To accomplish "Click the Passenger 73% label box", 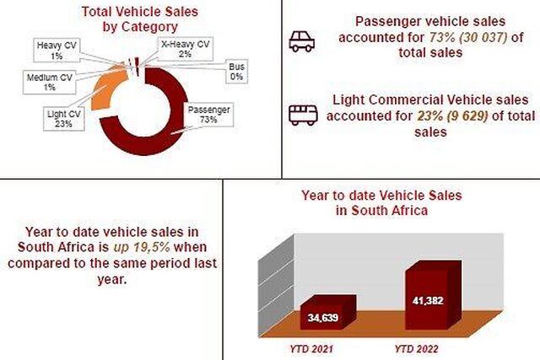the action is tap(208, 115).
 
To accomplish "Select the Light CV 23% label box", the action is tap(64, 119).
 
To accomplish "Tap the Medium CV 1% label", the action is tap(49, 83).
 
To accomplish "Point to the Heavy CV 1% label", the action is tap(57, 51).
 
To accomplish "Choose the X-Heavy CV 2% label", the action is tap(186, 49).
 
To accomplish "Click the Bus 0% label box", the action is tap(236, 72).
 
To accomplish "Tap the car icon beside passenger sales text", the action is tap(302, 41).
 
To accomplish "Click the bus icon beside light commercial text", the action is tap(303, 116).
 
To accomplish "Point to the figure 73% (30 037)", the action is tap(467, 37).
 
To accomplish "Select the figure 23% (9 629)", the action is tap(452, 116).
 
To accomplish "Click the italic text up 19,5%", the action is tap(141, 247).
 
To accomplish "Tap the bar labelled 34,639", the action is tap(328, 313).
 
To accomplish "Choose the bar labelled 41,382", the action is tap(433, 295).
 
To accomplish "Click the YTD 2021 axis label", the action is tap(311, 349).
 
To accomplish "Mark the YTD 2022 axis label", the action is tap(417, 349).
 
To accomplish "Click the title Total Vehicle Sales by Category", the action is tap(140, 19).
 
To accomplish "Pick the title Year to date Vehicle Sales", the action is tap(381, 195).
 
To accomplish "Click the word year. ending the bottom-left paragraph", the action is tap(112, 279).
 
